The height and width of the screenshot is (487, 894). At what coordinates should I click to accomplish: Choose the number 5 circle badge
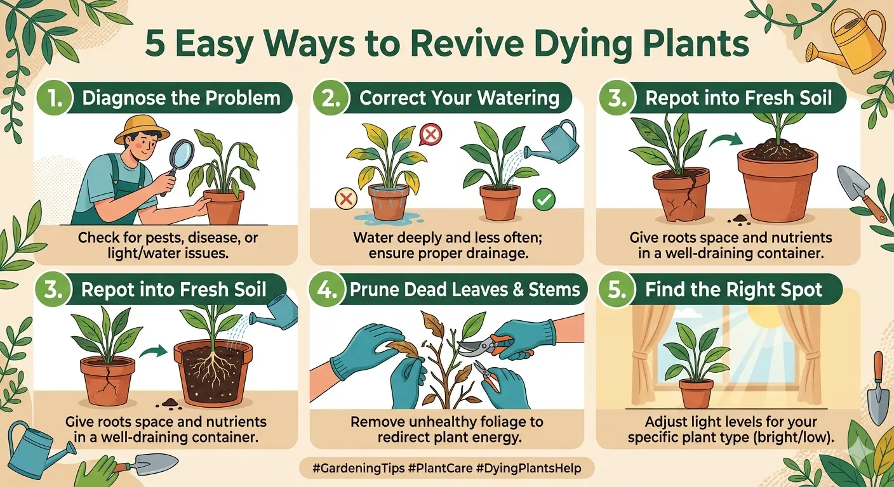[x=617, y=290]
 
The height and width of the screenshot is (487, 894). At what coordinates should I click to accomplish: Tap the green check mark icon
[x=544, y=200]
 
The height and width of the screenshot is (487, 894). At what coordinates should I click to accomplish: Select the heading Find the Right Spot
[x=734, y=290]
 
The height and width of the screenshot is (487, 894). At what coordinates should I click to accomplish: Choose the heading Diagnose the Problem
[x=181, y=98]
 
